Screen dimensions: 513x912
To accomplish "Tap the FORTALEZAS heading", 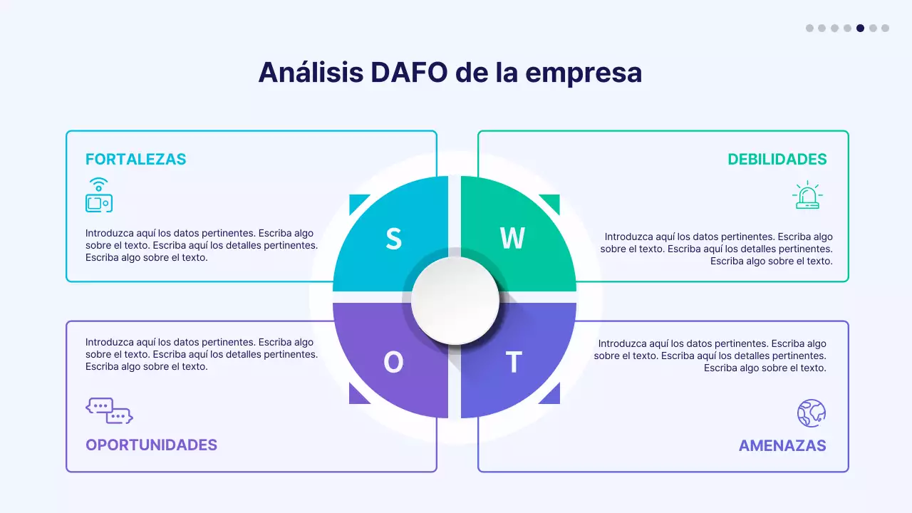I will click(x=135, y=160).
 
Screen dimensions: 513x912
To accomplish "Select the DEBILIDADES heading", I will click(x=777, y=160).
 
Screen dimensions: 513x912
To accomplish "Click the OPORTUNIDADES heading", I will click(x=151, y=445).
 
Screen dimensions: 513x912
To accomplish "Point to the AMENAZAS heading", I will click(x=782, y=446).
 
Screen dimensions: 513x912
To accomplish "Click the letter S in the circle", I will click(x=393, y=239).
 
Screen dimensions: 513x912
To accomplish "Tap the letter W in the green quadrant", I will click(x=512, y=239).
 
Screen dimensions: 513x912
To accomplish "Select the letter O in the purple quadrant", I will click(x=393, y=363).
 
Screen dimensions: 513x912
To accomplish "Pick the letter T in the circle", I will click(x=514, y=363).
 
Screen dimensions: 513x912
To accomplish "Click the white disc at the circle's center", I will click(x=455, y=300).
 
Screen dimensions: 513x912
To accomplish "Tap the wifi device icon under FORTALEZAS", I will click(x=99, y=195).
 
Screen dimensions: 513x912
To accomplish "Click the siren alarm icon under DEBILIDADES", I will click(x=807, y=195).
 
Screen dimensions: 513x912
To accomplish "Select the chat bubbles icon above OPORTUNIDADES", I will click(x=109, y=410).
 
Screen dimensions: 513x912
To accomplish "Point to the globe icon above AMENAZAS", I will click(x=811, y=413).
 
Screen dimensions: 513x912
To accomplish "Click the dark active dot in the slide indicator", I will click(x=860, y=28).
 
